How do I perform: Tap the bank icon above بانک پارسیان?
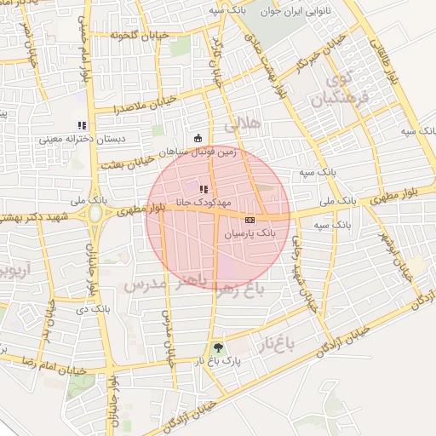point(249,220)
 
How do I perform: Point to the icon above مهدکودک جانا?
point(202,189)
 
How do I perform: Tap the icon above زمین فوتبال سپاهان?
point(198,138)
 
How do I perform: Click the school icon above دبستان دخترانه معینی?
point(83,125)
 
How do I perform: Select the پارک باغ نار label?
point(219,361)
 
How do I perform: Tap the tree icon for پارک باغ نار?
point(219,347)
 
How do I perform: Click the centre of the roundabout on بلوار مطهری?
point(93,213)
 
